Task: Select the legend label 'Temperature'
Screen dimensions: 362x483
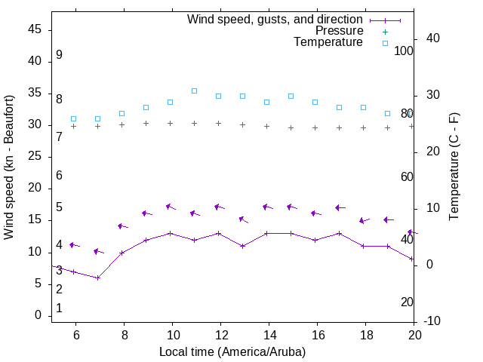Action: pos(328,42)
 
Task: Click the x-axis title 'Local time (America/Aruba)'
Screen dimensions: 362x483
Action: pos(232,351)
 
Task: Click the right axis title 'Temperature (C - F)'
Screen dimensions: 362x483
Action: pos(454,167)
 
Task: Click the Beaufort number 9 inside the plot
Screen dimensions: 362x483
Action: pos(59,55)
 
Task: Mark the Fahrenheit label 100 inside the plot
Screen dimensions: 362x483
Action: pos(404,51)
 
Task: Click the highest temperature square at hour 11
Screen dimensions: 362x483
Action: pos(194,90)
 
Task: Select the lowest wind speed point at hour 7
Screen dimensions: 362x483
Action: pos(97,278)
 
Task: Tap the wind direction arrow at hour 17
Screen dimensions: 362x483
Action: pos(340,207)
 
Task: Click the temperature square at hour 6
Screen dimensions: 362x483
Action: pos(73,118)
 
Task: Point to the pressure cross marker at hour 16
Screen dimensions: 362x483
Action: pos(315,127)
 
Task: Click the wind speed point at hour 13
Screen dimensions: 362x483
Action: pos(242,246)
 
